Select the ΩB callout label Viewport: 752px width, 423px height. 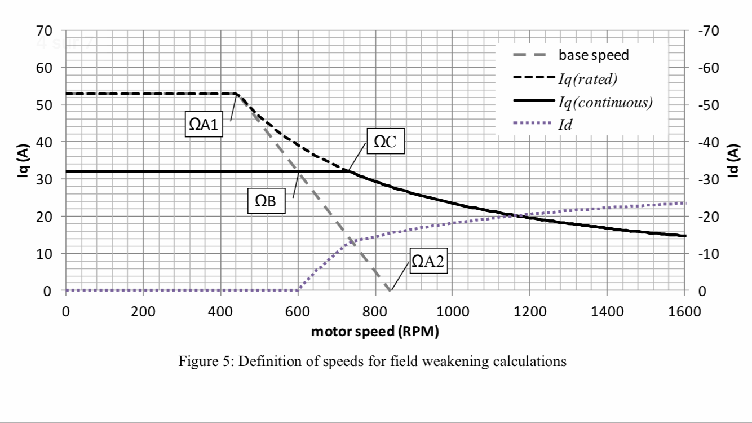[266, 201]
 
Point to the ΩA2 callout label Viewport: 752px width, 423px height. [428, 261]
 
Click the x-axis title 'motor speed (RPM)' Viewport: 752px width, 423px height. [375, 332]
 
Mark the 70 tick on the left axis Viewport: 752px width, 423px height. [45, 30]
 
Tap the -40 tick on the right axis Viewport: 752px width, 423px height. [707, 142]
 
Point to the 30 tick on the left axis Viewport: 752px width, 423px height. [45, 179]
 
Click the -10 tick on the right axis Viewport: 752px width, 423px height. [707, 254]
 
